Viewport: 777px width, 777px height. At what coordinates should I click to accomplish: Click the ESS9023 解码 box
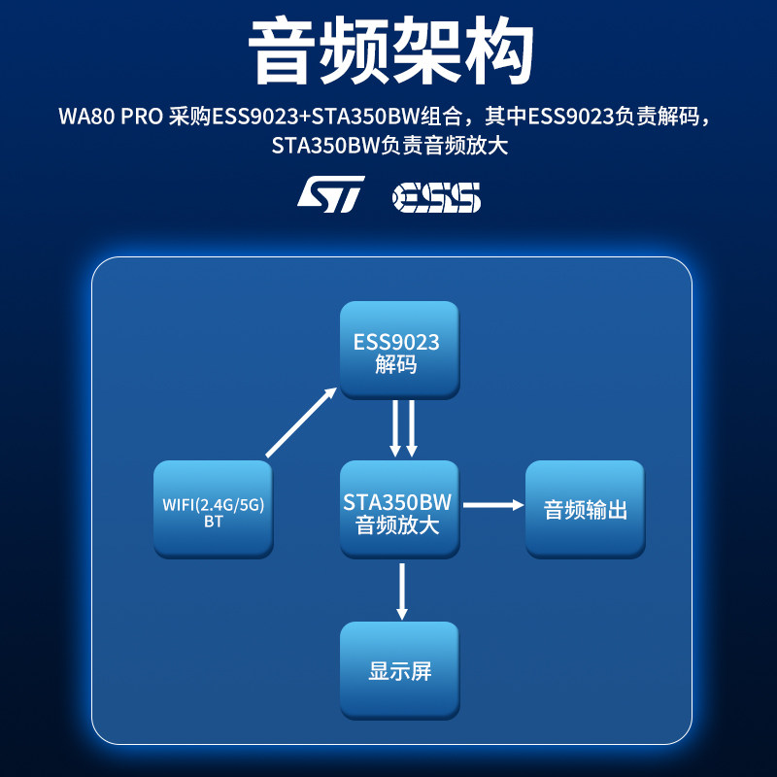coord(397,351)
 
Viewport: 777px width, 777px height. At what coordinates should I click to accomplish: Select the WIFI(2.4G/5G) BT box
coord(214,510)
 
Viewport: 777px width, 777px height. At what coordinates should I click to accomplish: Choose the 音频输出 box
coord(585,510)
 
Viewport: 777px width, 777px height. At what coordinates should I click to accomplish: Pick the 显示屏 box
coord(398,670)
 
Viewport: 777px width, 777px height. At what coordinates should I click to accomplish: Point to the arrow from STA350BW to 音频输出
coord(492,505)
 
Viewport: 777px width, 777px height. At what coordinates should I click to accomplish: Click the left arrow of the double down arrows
coord(394,428)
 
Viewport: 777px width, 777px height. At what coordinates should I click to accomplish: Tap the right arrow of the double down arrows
coord(412,428)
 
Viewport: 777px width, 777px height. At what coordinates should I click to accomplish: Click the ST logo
coord(330,193)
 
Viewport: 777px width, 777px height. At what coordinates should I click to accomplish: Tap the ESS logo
coord(436,196)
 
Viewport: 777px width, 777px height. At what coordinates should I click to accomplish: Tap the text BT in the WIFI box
coord(214,522)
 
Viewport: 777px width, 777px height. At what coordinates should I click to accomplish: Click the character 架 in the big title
coord(425,52)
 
